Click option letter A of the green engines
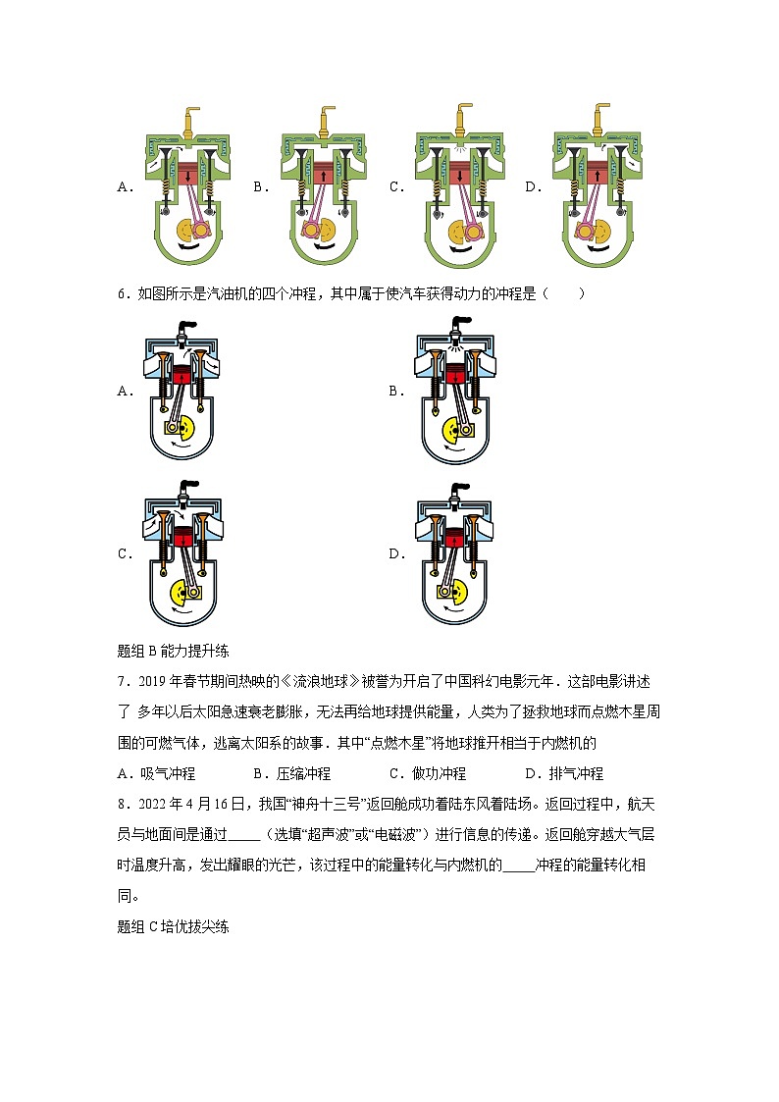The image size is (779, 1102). tap(124, 186)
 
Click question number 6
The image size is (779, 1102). tap(123, 293)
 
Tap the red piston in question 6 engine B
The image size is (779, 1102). tap(454, 376)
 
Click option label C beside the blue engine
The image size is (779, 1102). tap(125, 553)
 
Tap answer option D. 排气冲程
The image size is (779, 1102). tap(564, 773)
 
